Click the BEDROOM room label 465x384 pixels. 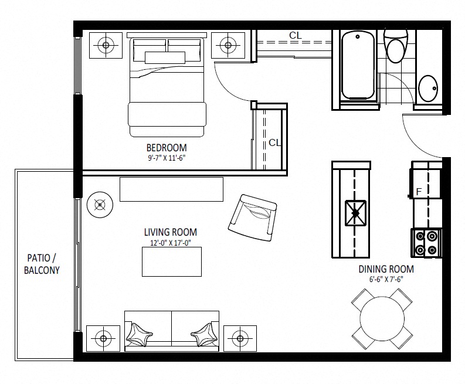167,148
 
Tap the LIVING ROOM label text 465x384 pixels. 171,232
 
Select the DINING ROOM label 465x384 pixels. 386,269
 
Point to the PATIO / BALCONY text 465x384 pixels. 42,264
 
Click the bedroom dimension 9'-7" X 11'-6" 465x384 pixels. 167,158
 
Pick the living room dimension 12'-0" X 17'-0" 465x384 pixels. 171,243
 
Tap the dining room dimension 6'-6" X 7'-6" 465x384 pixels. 386,279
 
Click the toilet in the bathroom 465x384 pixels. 396,45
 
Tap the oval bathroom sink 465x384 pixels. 428,89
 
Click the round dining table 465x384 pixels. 382,319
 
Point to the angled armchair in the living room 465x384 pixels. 253,218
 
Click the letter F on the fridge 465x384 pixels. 419,192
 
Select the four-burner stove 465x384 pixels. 426,243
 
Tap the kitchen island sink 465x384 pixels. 355,213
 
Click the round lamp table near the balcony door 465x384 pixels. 100,205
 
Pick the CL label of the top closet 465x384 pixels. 296,36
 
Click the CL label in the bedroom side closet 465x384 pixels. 274,142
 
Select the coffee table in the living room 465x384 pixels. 172,262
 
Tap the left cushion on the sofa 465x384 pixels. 139,335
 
